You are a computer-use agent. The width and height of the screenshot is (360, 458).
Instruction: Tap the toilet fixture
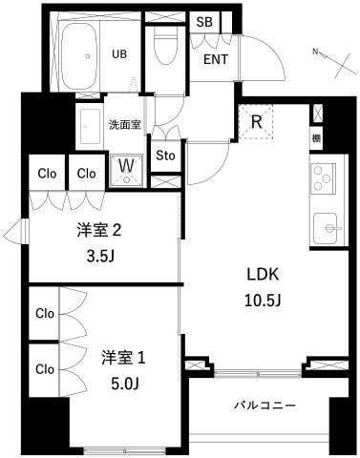coord(168,43)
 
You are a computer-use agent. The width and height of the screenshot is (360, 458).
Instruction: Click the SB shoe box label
coord(203,22)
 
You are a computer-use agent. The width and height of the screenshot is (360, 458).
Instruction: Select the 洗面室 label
coord(124,124)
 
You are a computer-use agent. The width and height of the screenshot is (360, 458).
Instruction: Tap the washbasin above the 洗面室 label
coord(90,124)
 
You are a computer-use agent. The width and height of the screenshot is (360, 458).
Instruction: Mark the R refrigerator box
coord(257,122)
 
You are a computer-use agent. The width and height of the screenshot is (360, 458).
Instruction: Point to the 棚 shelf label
coord(316,138)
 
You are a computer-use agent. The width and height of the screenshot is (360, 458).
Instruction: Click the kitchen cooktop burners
coord(322,178)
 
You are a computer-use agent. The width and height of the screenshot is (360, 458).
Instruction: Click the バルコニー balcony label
coord(265,405)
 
